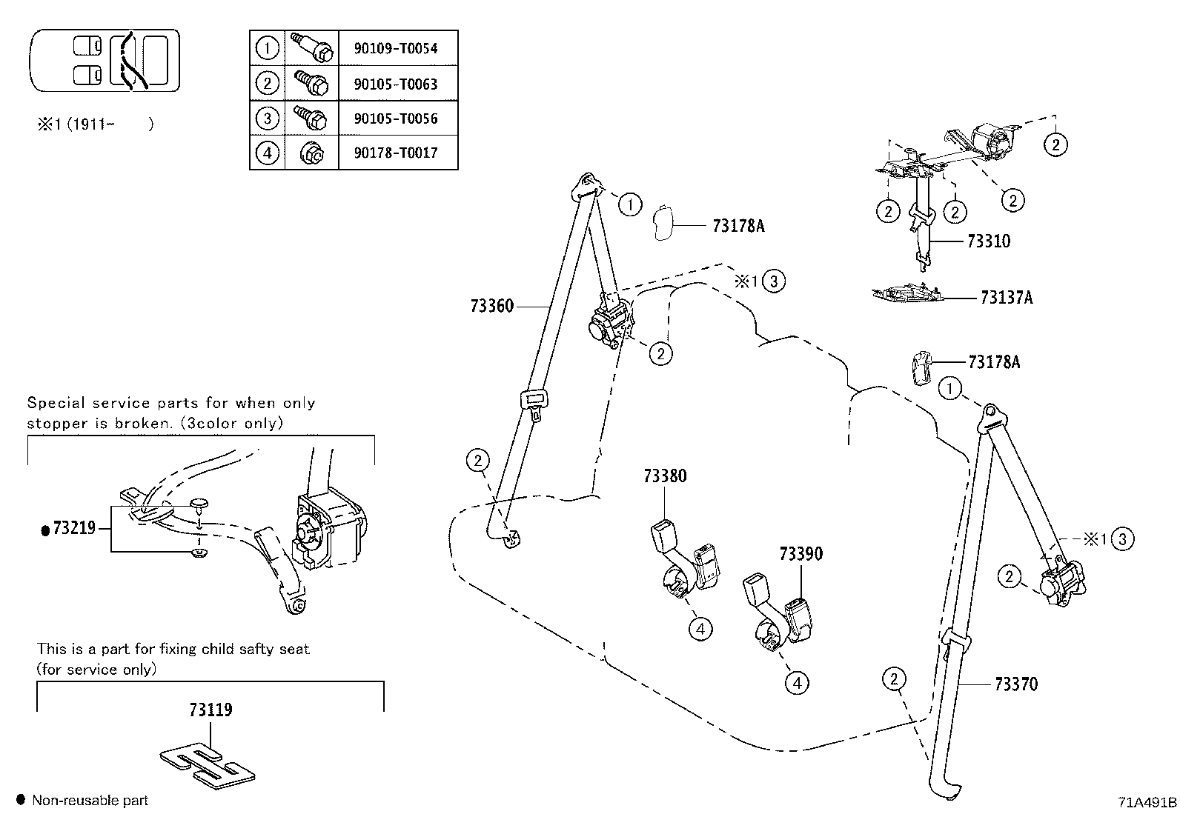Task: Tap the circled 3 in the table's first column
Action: (267, 119)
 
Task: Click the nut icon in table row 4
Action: (311, 153)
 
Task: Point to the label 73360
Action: (491, 306)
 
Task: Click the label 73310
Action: (988, 241)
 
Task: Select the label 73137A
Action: (1006, 298)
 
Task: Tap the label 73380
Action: (665, 476)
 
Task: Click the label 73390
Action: (801, 554)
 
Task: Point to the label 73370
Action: (1015, 684)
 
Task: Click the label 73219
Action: (74, 528)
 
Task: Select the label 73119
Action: (211, 710)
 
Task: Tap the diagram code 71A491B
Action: (1147, 802)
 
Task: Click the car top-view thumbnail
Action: (105, 61)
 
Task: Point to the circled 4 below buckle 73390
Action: (797, 682)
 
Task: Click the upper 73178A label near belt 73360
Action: (737, 226)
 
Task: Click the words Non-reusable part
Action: (90, 801)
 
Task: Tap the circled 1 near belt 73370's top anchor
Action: (950, 388)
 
